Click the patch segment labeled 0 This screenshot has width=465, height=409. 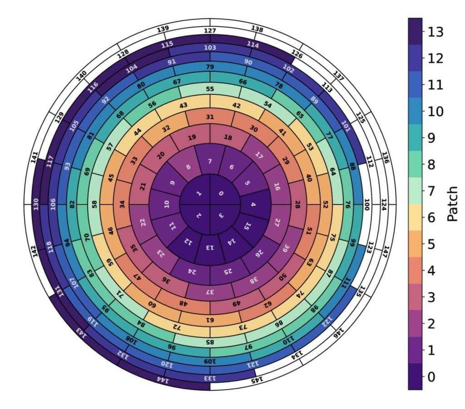pos(221,194)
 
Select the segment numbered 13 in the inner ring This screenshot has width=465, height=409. pos(210,248)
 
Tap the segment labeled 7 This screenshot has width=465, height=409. pos(210,162)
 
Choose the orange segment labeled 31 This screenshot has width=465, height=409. pos(210,117)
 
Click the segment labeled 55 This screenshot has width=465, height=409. pos(210,89)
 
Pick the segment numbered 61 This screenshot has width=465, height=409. pos(210,320)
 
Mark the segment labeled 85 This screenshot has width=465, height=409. pos(210,341)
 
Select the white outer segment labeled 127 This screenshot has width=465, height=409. pos(210,31)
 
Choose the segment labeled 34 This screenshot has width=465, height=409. pos(122,204)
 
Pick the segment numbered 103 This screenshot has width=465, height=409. pos(210,48)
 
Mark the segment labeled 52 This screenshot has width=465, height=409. pos(325,204)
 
